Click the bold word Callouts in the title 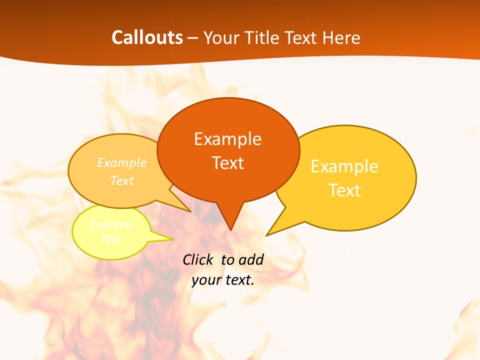pyautogui.click(x=147, y=37)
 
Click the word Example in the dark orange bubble pyautogui.click(x=227, y=138)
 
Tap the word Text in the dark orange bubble pyautogui.click(x=228, y=162)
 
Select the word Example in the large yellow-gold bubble pyautogui.click(x=344, y=166)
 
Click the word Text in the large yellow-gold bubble pyautogui.click(x=345, y=190)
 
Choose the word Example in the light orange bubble pyautogui.click(x=122, y=162)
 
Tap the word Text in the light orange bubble pyautogui.click(x=122, y=180)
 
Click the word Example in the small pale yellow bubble pyautogui.click(x=111, y=224)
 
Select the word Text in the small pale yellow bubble pyautogui.click(x=111, y=239)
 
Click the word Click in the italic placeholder pyautogui.click(x=197, y=259)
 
